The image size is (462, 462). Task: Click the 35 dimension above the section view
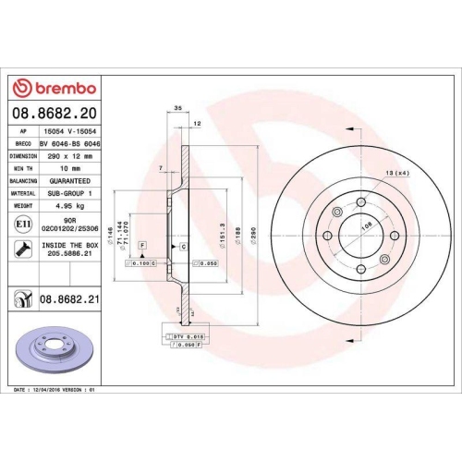177,108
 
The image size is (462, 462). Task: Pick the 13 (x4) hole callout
397,175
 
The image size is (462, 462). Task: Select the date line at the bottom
55,391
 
